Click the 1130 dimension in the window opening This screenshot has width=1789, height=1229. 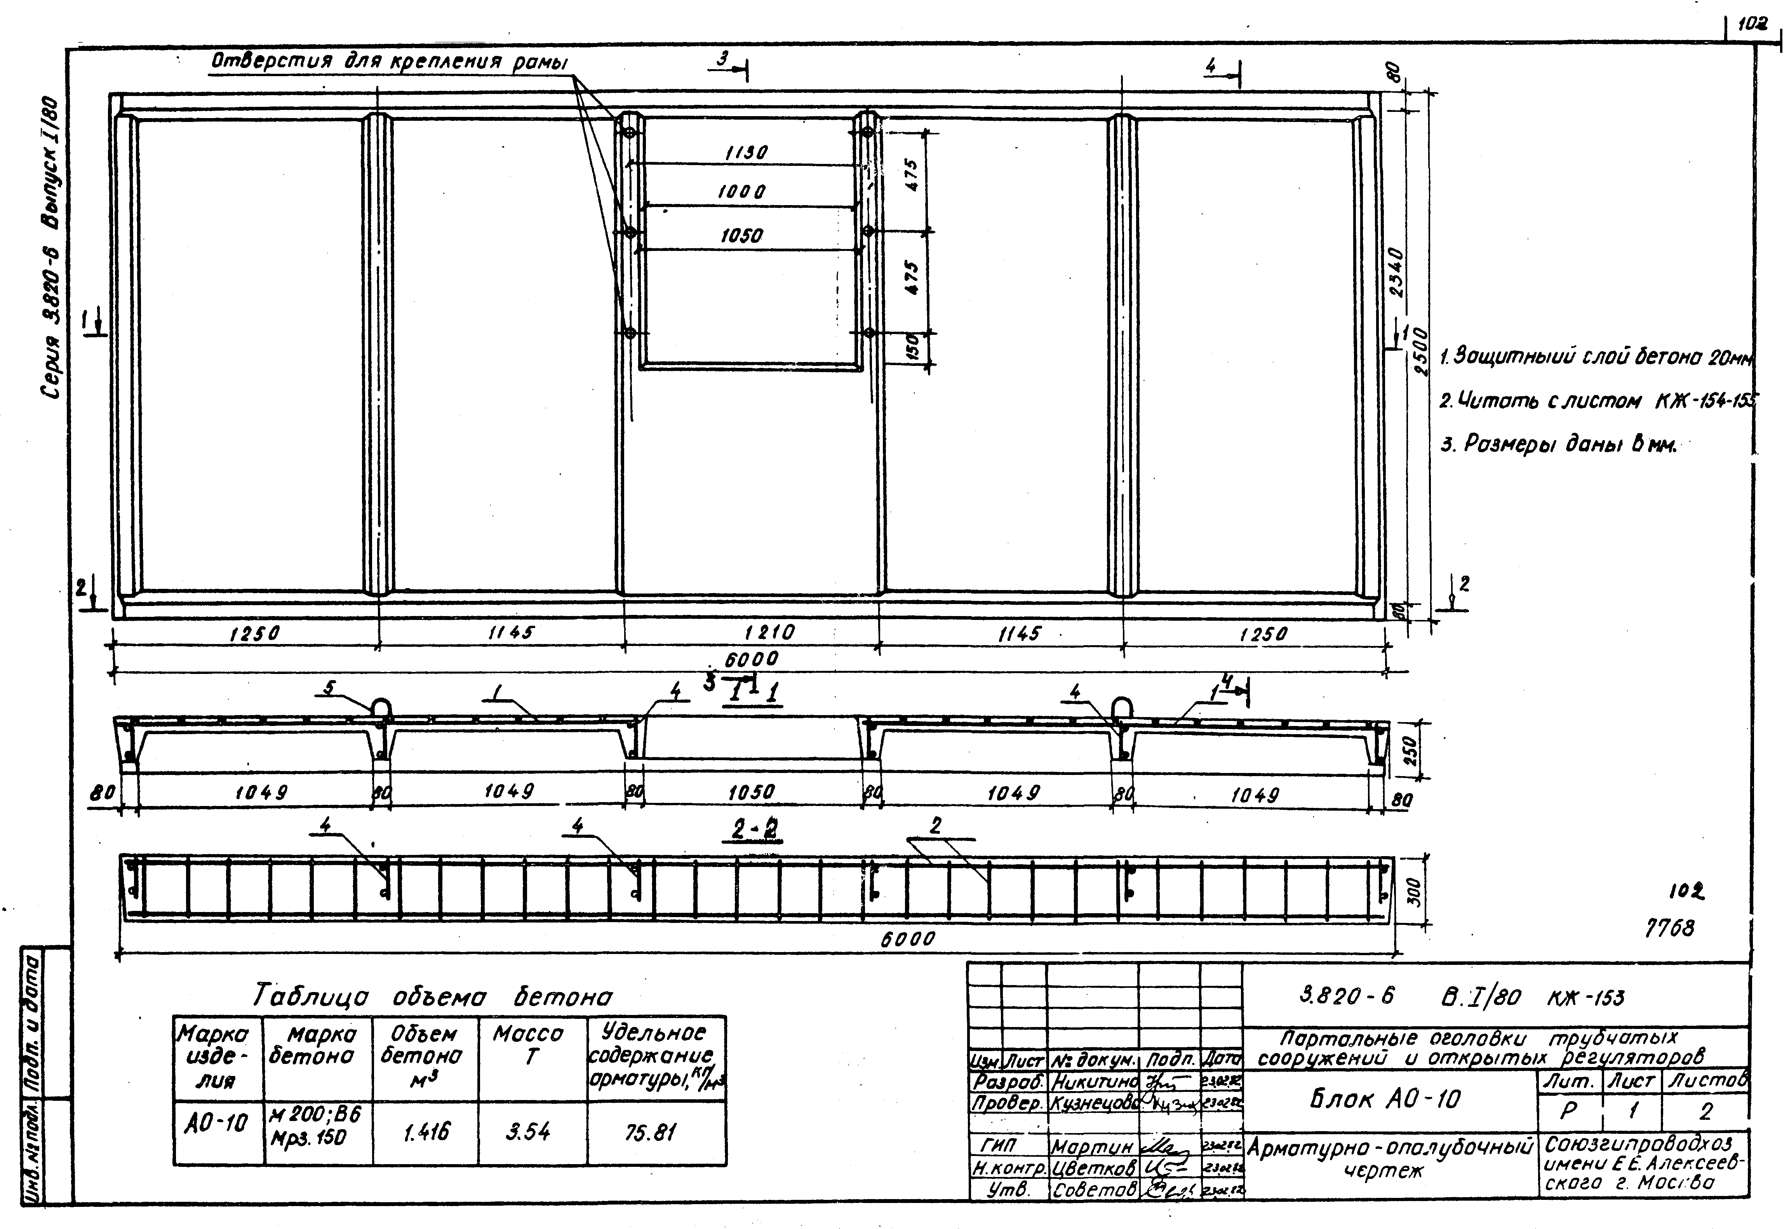pos(746,153)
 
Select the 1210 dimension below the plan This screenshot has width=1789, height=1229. pos(770,633)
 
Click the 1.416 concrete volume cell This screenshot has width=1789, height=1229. pos(425,1132)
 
